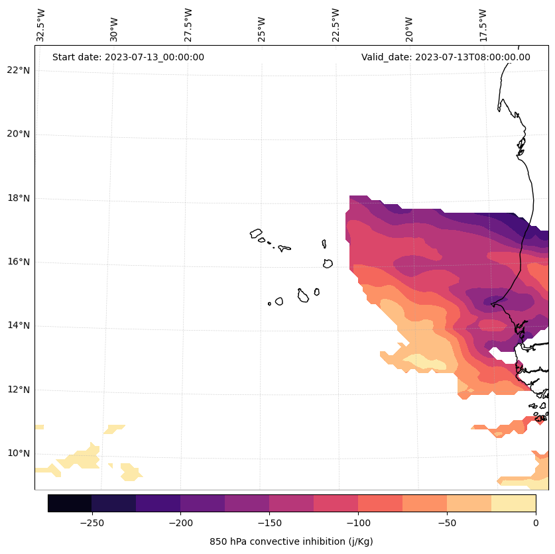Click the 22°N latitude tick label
19,70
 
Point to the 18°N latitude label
19,198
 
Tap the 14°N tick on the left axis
19,325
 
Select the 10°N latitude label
19,453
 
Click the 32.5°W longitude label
41,25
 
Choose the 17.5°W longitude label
483,25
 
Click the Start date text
128,57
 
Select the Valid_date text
446,57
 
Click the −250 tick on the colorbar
92,523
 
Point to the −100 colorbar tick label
358,523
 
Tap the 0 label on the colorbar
536,523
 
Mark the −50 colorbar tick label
447,523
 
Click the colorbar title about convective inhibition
291,541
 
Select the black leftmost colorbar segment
70,503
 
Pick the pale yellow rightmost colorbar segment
514,503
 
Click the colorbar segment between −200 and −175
203,503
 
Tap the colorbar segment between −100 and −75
381,503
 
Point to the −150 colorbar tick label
269,523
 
